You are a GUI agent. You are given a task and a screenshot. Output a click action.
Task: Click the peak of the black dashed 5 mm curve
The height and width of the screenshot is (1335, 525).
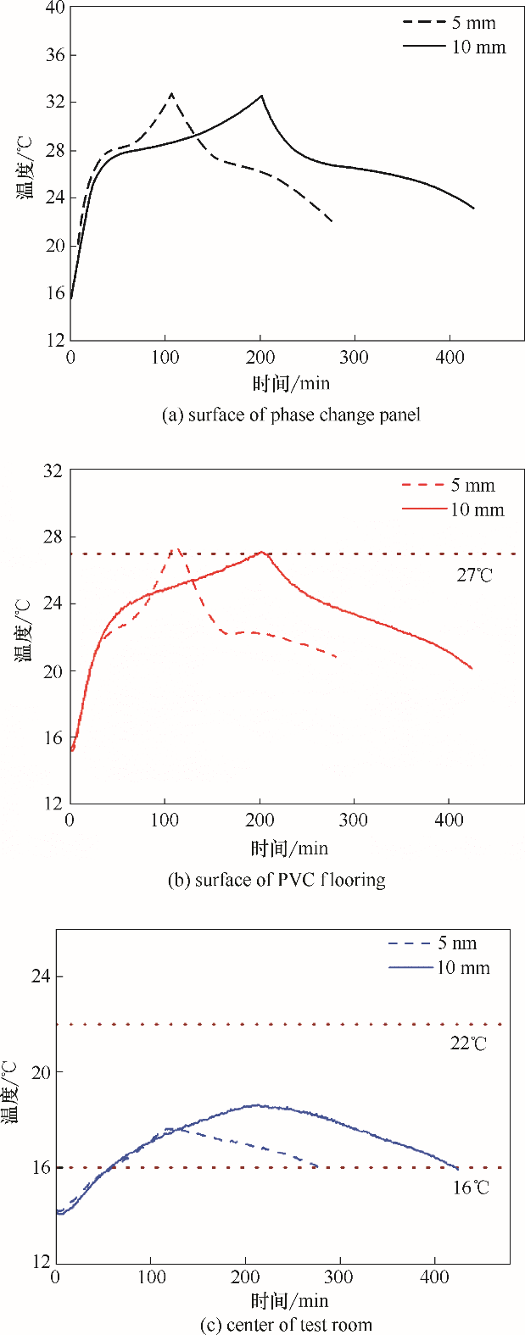[x=172, y=93]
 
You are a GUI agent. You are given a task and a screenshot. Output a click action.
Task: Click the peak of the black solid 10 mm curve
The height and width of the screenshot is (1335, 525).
[x=261, y=96]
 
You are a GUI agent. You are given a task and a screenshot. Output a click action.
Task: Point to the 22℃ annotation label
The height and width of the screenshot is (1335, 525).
[x=468, y=1043]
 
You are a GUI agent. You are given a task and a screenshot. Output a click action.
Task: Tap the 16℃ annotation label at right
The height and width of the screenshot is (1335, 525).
[x=471, y=1188]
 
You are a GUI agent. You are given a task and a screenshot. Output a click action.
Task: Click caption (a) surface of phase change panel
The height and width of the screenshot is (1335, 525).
[x=290, y=414]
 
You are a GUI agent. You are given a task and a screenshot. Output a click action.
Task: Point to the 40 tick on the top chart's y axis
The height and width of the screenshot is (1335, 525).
[x=54, y=8]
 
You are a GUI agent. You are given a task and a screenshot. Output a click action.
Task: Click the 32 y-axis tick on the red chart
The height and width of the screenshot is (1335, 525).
[x=53, y=470]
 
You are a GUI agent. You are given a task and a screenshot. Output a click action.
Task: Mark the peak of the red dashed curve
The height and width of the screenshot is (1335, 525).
[x=176, y=548]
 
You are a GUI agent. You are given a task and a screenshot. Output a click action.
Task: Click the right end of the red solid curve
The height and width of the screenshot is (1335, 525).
[x=472, y=669]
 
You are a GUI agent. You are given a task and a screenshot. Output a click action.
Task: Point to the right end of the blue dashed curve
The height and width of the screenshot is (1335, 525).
[x=317, y=1166]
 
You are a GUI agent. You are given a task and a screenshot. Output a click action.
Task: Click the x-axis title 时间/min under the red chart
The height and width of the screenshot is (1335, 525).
[x=289, y=848]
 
